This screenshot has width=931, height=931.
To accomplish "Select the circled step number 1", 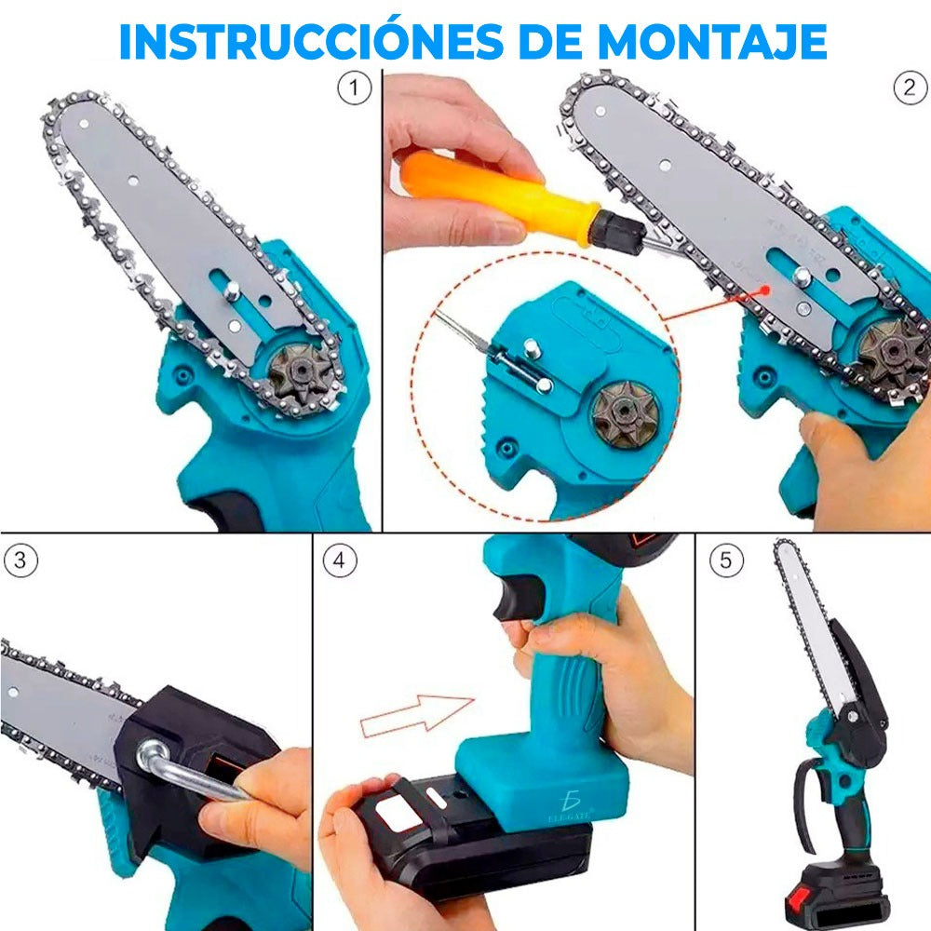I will [353, 89].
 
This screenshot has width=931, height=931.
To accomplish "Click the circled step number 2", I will [910, 88].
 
